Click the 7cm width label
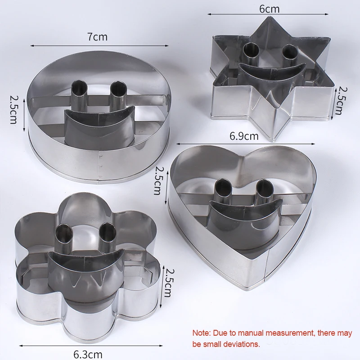pos(97,37)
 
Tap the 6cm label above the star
pos(269,9)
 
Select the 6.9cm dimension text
pos(244,136)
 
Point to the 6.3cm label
pos(88,355)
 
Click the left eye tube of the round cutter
pos(80,94)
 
